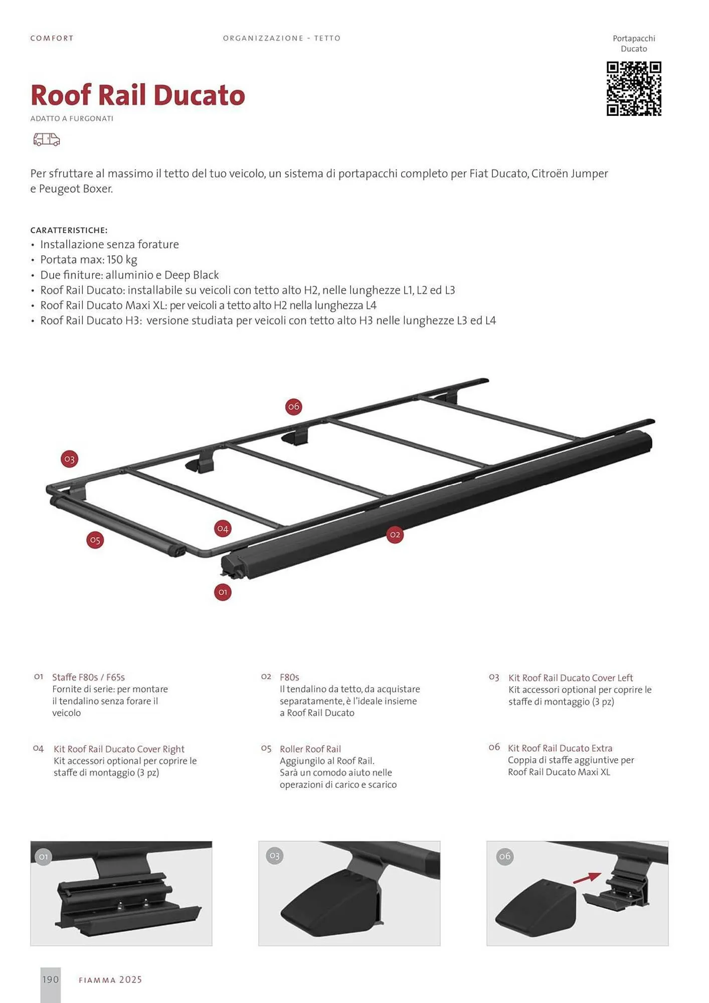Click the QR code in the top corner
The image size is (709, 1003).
pos(634,89)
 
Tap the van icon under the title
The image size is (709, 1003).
pos(47,139)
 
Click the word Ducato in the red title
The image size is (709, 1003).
pos(199,95)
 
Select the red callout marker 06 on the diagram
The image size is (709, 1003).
pos(294,406)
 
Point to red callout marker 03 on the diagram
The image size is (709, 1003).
pos(70,459)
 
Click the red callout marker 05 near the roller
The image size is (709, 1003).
pos(95,540)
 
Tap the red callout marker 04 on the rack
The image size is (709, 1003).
pos(223,528)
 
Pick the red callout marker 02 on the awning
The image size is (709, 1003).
pos(395,535)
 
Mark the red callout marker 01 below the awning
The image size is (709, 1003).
pos(223,592)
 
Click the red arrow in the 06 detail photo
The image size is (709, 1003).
pos(587,877)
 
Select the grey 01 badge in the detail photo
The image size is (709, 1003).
pos(44,857)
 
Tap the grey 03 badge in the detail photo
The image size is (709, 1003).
pos(274,856)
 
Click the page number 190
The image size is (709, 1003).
pos(51,979)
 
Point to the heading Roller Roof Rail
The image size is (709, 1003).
pos(310,749)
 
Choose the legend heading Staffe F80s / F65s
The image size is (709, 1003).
pos(89,677)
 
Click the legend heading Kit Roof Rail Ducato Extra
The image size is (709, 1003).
pos(560,748)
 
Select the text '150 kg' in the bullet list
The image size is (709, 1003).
pos(122,260)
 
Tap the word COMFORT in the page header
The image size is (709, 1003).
pos(52,38)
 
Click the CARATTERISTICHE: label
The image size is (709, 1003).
pos(69,230)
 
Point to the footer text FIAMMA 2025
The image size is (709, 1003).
pos(110,980)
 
